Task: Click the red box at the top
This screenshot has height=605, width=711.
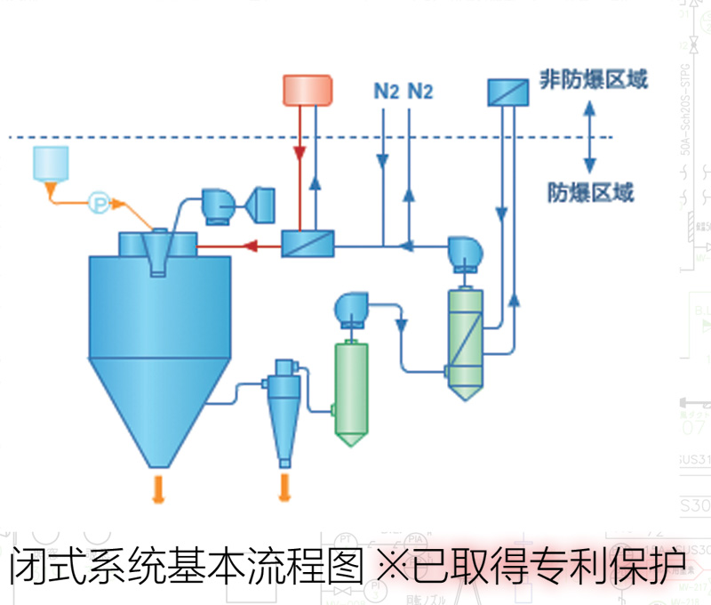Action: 308,89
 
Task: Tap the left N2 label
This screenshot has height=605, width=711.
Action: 386,91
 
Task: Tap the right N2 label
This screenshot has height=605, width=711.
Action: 419,91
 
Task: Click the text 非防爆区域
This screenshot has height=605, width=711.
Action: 594,80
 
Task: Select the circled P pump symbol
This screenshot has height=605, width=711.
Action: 100,203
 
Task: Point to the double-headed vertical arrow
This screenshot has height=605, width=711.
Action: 588,135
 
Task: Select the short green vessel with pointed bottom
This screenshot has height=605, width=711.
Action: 349,391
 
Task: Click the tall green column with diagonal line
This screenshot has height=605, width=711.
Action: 464,343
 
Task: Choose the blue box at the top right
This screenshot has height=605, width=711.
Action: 507,91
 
